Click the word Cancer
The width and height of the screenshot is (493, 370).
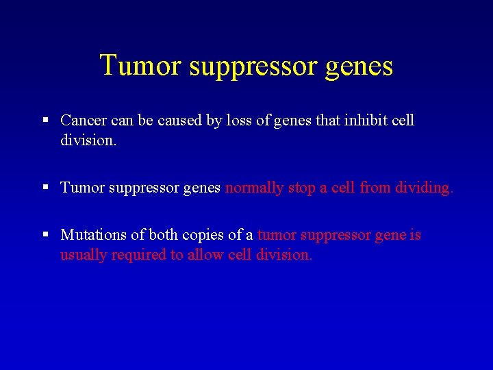tap(82, 121)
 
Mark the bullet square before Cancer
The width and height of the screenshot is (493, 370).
tap(45, 121)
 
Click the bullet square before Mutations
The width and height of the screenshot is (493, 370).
tap(45, 235)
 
